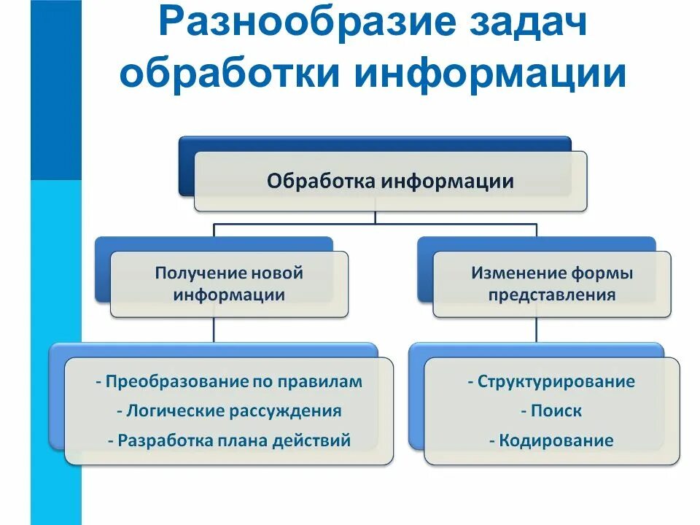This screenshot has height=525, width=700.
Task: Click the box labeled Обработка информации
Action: pos(390,182)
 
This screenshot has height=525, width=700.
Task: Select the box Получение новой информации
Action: pos(229,284)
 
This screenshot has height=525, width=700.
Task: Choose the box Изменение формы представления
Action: pos(552,284)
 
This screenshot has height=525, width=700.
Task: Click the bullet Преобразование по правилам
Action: pos(229,381)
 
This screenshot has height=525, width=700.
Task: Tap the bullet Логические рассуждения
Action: pos(229,411)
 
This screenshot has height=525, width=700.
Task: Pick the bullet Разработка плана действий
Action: pos(229,440)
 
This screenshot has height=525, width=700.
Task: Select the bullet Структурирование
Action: pos(552,381)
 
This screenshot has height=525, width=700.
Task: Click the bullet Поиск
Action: pos(552,411)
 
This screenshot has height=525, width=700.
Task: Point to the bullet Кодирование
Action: pos(552,440)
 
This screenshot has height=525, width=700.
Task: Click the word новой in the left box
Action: pos(276,273)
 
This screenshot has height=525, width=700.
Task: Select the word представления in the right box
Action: pos(552,295)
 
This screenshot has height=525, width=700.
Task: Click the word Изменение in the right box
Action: pos(518,273)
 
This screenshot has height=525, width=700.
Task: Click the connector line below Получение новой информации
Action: pos(214,330)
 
